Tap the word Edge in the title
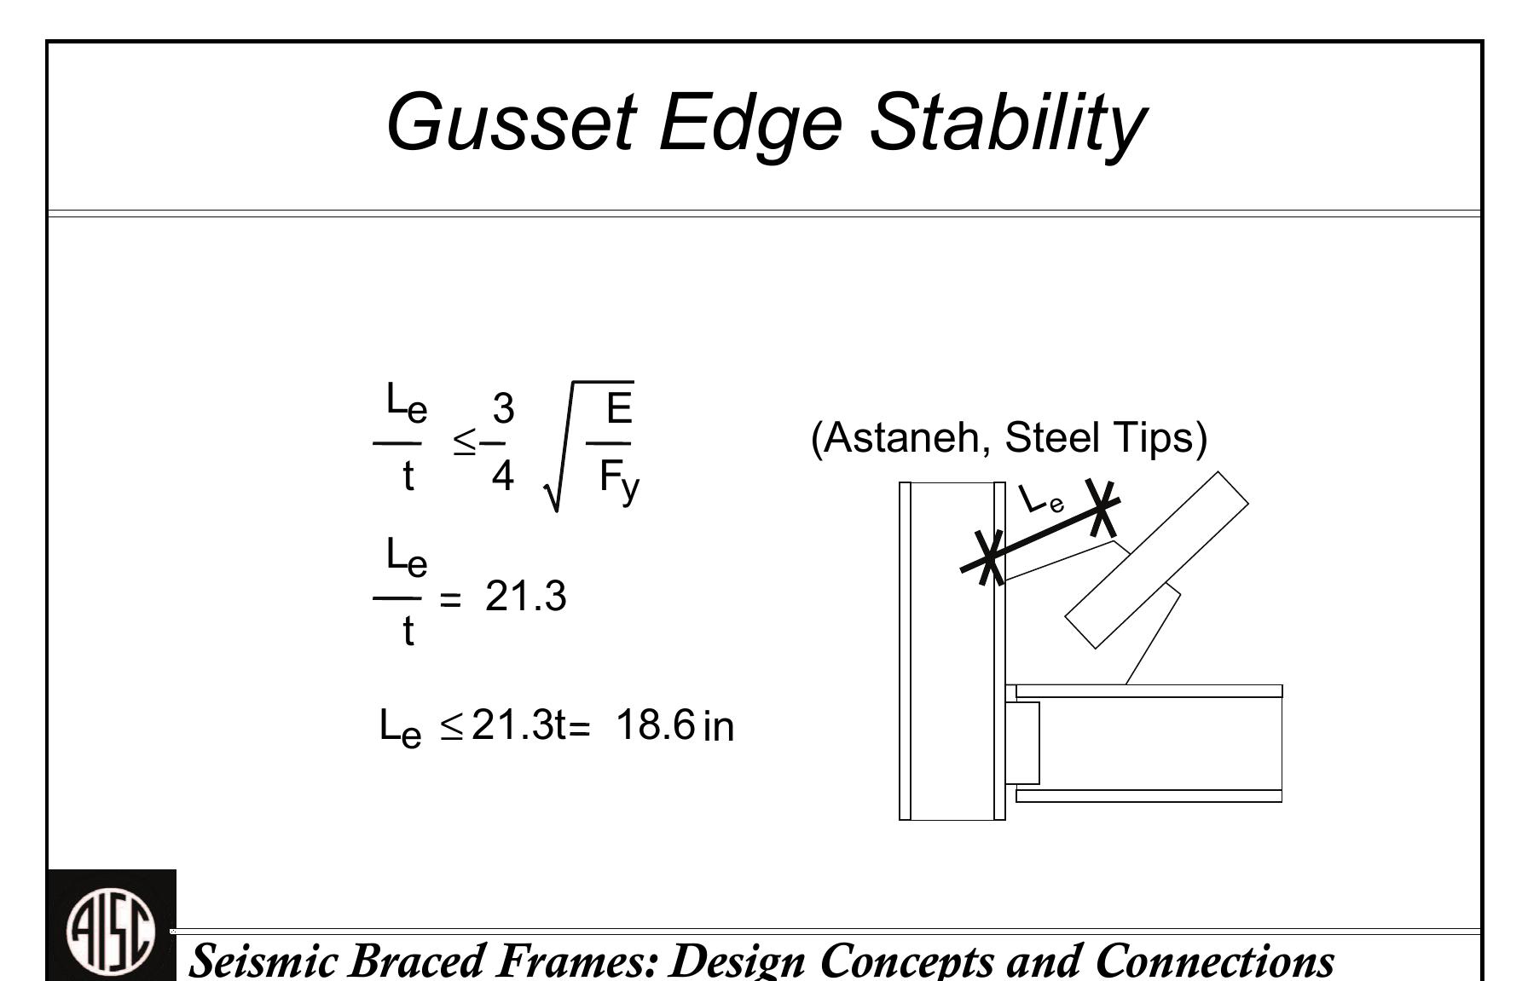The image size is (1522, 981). click(750, 122)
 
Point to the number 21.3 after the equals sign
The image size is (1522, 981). click(525, 596)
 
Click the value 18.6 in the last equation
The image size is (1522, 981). click(655, 725)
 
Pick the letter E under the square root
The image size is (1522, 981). click(619, 407)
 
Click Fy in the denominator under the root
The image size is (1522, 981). click(618, 480)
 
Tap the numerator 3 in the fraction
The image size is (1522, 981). click(503, 408)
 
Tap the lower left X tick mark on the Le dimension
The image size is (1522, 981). click(989, 557)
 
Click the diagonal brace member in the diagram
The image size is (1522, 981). click(1156, 560)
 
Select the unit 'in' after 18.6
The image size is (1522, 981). click(719, 727)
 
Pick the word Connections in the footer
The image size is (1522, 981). click(1214, 961)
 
